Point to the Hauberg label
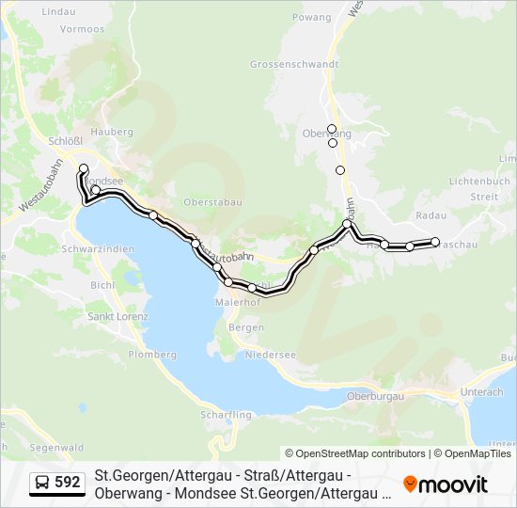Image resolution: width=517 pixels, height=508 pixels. pos(113,133)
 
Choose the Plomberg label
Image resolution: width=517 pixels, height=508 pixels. pos(152,355)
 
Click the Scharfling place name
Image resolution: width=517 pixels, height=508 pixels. pos(226,415)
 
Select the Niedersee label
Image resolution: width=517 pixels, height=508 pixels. pos(270,356)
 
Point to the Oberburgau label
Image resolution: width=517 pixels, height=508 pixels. pos(375,396)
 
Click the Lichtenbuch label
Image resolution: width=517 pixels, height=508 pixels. pos(479,181)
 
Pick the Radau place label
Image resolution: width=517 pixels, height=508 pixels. pos(431,215)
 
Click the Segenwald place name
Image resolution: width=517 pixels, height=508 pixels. pos(52,447)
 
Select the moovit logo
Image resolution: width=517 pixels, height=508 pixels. pos(446,484)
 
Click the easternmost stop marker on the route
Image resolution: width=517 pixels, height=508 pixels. pos(435,242)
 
